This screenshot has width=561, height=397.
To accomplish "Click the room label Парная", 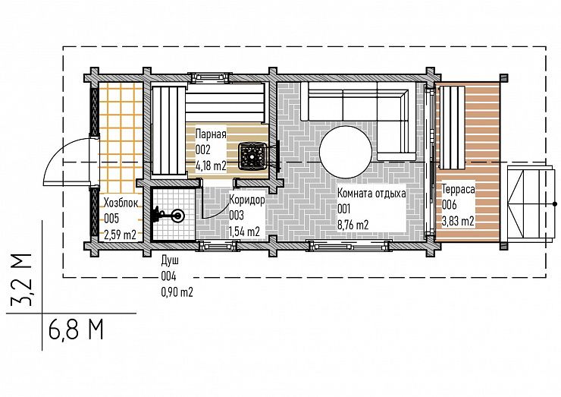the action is coord(211,134).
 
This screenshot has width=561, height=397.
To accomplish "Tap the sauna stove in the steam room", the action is coord(254,155).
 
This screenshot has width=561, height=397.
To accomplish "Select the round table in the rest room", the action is coord(346,151).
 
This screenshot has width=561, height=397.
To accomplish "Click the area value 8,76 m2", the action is coord(353,225).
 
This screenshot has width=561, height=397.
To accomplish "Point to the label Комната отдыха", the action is coord(371,193).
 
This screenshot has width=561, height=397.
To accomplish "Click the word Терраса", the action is coord(459,189).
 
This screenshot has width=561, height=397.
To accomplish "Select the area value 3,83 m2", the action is coord(458,221).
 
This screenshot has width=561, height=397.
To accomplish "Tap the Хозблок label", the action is coord(121,203).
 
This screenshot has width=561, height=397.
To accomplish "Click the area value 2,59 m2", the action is coord(120,235).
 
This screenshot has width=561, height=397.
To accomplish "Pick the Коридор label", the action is coord(247,199).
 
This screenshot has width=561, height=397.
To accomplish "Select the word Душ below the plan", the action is coord(170,260).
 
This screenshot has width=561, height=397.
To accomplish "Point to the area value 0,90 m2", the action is coord(177,292).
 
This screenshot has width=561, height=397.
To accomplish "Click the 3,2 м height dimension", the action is coord(20,280).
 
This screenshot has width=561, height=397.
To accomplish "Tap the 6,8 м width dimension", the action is coord(76,329).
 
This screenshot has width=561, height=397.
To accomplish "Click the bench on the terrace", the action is coord(452,128).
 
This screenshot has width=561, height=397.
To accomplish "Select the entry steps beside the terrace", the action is coord(527,203).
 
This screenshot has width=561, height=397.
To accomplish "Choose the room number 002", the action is coord(203,150).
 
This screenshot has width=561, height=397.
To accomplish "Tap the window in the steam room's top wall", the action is coord(209,77).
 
